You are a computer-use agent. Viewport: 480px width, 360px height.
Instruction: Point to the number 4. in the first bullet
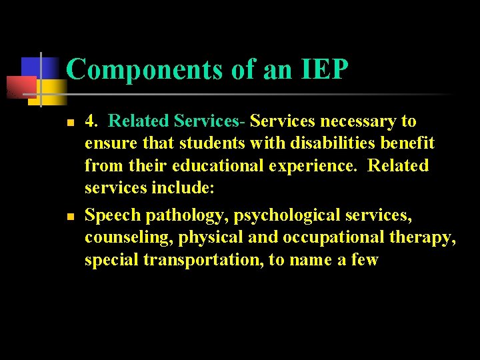93,121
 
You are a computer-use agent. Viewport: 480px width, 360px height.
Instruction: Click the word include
179,187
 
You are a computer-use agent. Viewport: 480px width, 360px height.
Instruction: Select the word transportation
203,260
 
